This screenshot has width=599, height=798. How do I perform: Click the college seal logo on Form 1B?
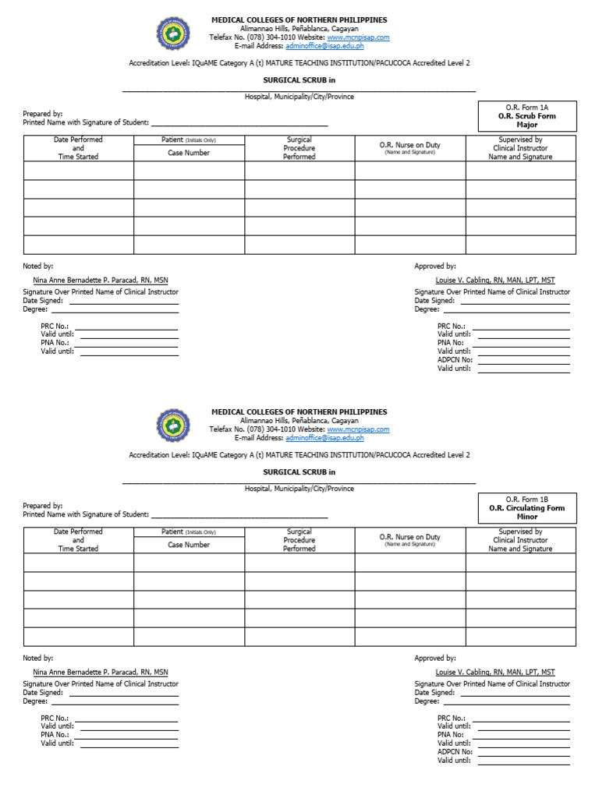173,425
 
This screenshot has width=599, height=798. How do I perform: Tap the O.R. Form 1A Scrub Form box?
527,116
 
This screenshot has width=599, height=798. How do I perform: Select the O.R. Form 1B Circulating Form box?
527,508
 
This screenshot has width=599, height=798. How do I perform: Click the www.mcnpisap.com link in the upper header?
358,37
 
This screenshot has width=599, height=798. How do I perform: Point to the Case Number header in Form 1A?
189,153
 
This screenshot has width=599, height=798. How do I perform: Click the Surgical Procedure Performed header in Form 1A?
299,148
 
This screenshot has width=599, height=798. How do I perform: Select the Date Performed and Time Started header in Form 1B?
78,540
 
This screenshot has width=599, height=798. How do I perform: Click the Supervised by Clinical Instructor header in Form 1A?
520,148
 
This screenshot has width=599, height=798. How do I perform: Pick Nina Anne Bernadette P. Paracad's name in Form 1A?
100,280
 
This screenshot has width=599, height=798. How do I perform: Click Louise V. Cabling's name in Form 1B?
495,672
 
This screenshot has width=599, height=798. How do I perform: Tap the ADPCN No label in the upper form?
455,360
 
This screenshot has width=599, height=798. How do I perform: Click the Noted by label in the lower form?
37,659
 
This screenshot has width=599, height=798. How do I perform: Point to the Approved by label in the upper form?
435,267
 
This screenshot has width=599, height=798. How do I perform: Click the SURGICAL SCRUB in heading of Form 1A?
299,79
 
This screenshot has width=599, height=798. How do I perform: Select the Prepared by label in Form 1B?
43,506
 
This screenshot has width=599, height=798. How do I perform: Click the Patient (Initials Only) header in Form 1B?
189,532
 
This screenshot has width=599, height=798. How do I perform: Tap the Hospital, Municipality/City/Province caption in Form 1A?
299,97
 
